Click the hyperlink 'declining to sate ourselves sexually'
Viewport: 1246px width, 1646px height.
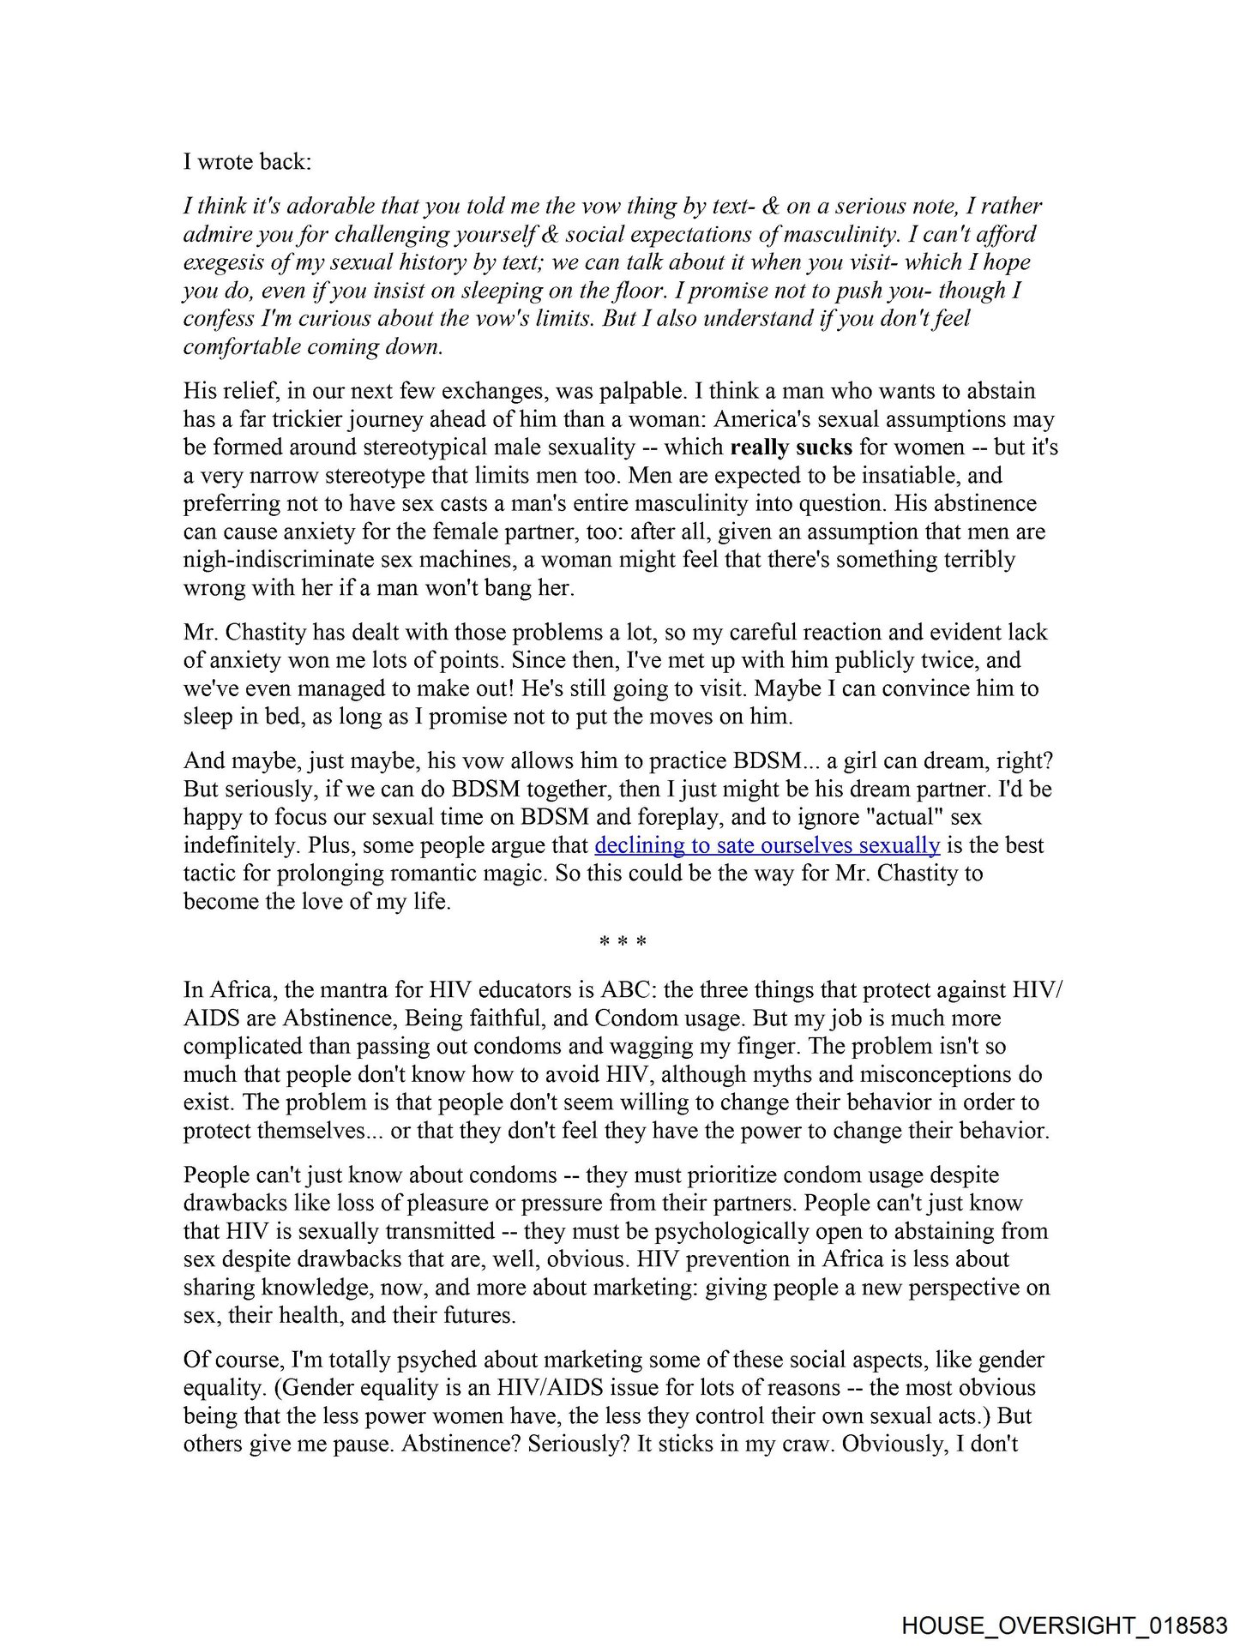767,845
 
